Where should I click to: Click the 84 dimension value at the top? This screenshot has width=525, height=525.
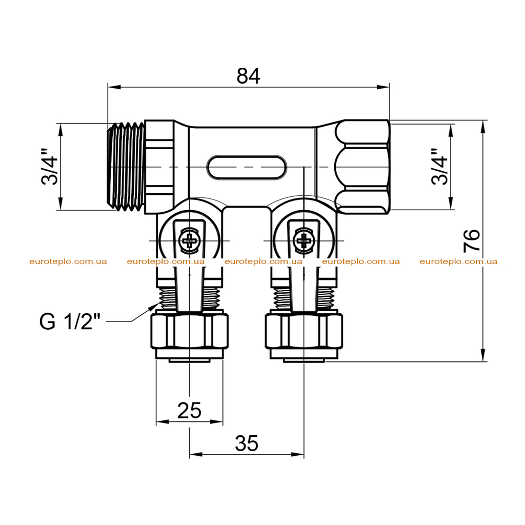pyautogui.click(x=248, y=76)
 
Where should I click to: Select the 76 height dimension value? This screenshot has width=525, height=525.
pyautogui.click(x=472, y=241)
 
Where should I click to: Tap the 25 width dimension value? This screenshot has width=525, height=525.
pyautogui.click(x=189, y=410)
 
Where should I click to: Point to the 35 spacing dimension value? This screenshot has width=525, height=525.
pyautogui.click(x=247, y=443)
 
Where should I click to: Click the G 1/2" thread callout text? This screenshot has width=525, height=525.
pyautogui.click(x=70, y=321)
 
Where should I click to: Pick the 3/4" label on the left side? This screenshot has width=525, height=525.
pyautogui.click(x=50, y=167)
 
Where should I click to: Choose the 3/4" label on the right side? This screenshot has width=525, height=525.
pyautogui.click(x=439, y=167)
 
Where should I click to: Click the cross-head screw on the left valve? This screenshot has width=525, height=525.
pyautogui.click(x=190, y=240)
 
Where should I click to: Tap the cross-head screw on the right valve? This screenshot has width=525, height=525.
pyautogui.click(x=304, y=240)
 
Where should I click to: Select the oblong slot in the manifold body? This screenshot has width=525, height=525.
pyautogui.click(x=247, y=167)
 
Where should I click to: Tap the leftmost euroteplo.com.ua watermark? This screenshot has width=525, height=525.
pyautogui.click(x=68, y=261)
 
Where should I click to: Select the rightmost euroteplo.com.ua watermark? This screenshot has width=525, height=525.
pyautogui.click(x=458, y=261)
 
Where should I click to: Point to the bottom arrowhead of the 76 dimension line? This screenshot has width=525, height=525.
pyautogui.click(x=482, y=355)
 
